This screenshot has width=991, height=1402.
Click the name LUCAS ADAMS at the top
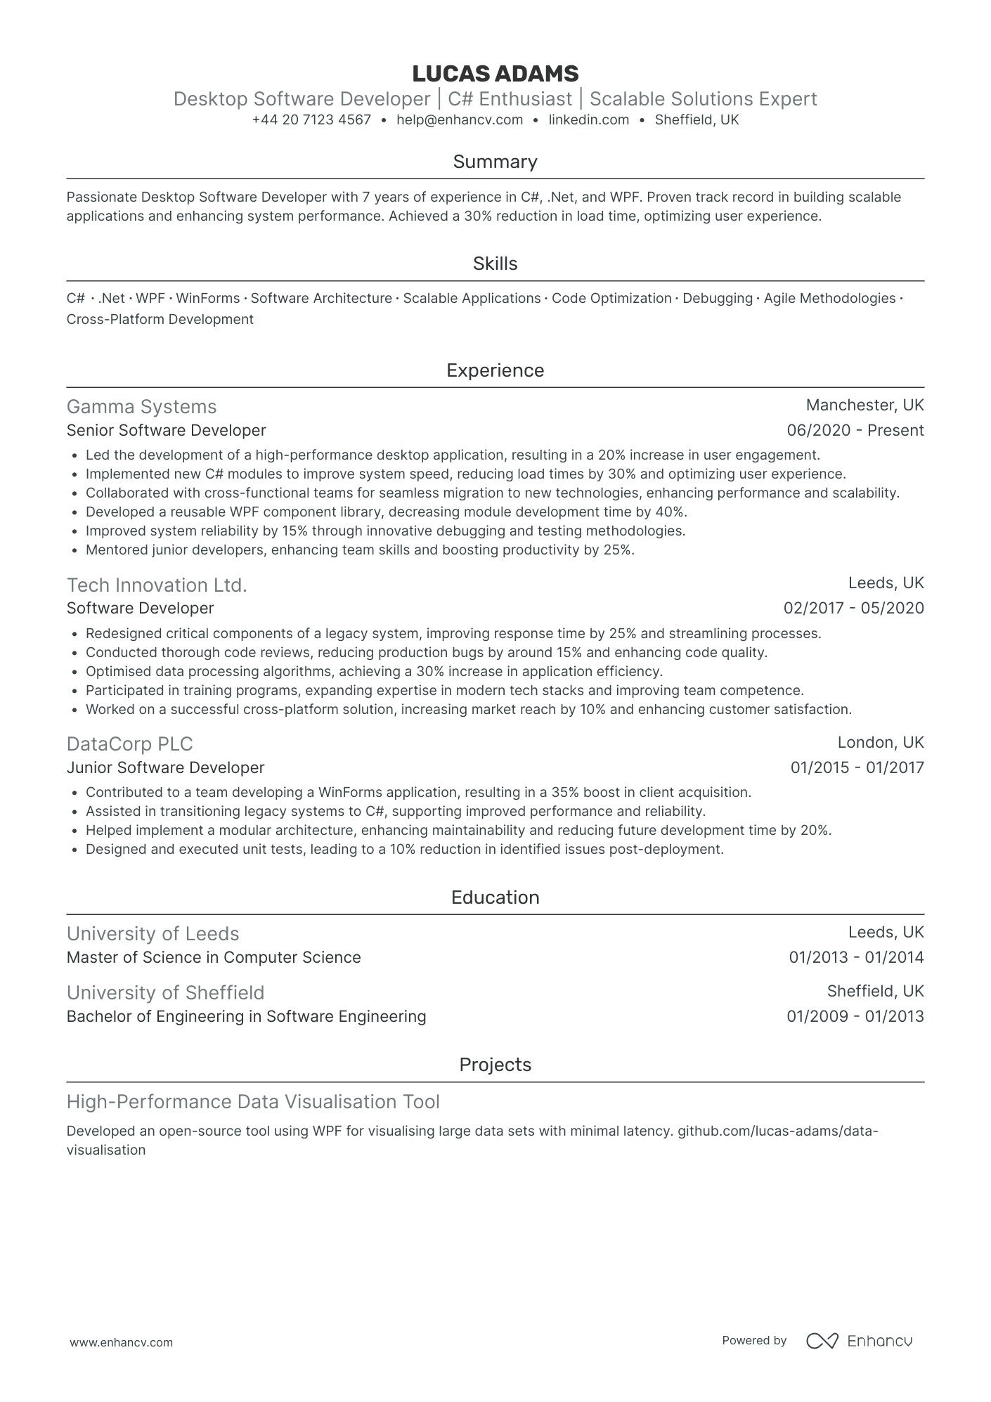[x=495, y=74]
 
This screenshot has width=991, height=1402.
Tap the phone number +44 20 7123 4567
[x=311, y=120]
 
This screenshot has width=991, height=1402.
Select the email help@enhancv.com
[x=460, y=120]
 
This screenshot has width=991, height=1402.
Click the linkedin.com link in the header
[x=588, y=120]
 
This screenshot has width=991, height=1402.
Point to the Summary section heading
[x=495, y=162]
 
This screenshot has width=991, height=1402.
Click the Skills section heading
[x=495, y=264]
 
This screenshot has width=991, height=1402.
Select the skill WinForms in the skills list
[x=207, y=299]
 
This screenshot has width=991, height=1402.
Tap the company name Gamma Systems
[x=141, y=407]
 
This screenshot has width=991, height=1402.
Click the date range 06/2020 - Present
[x=855, y=431]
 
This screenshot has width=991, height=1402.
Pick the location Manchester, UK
[x=864, y=405]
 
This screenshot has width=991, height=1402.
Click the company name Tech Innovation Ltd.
[x=157, y=585]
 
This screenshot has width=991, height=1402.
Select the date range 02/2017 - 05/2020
[x=853, y=609]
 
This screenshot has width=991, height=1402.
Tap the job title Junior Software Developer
[x=165, y=768]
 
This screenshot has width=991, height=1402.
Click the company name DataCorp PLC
[x=129, y=744]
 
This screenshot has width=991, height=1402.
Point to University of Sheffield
[x=165, y=993]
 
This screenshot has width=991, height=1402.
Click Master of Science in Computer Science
[x=214, y=958]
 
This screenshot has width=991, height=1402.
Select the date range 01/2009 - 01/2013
[x=855, y=1017]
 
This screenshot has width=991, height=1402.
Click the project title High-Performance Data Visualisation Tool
[x=253, y=1102]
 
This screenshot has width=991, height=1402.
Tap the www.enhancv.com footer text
[x=121, y=1342]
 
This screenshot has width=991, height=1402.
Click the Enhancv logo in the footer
[x=859, y=1341]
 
